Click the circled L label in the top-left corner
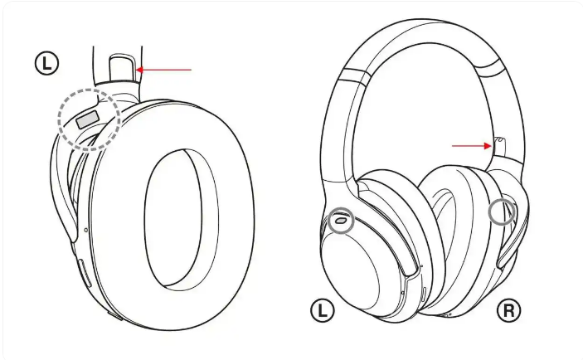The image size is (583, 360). tap(46, 64)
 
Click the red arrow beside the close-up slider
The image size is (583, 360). tap(164, 70)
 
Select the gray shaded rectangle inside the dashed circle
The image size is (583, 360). tap(87, 119)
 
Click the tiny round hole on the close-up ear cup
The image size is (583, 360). tap(86, 231)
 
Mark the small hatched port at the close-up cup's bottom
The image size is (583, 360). tap(115, 316)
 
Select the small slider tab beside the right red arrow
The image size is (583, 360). tap(499, 147)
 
